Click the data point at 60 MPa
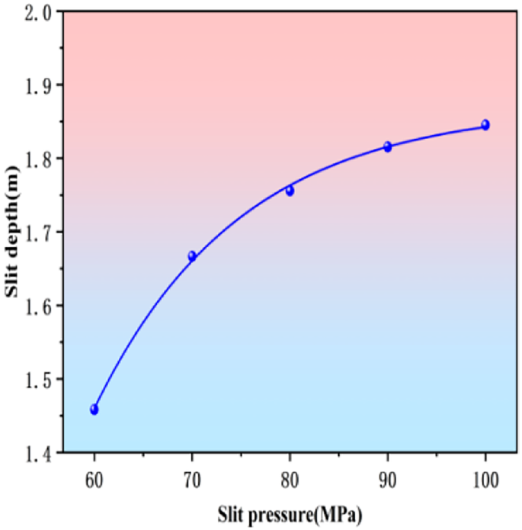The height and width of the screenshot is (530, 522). point(94,410)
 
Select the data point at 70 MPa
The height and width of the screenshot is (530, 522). point(192,256)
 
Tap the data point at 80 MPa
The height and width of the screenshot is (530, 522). point(290,191)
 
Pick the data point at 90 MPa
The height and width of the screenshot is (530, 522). point(387,146)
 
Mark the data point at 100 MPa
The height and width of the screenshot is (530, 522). point(485,125)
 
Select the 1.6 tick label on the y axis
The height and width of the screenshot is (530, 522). point(40,306)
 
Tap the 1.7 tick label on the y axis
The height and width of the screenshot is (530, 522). point(40,232)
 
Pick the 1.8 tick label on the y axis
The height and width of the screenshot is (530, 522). point(40,159)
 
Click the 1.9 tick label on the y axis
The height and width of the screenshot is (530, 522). point(40,85)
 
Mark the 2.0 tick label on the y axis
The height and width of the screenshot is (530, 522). point(40,11)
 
